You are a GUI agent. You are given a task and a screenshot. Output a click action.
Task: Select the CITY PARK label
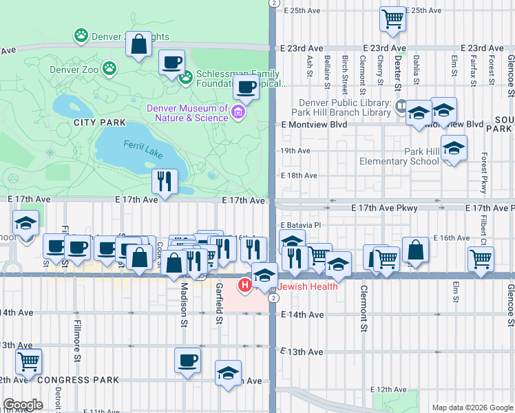101,123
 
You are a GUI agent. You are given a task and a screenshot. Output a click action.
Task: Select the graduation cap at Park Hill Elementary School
454,148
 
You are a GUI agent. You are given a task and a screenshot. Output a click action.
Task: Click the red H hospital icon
243,284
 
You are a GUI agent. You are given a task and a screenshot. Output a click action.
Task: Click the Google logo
23,405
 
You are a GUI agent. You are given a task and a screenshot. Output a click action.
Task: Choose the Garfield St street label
218,304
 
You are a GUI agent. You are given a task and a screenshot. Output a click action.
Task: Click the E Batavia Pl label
301,225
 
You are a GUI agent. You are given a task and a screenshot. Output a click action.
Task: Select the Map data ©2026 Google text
472,407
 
